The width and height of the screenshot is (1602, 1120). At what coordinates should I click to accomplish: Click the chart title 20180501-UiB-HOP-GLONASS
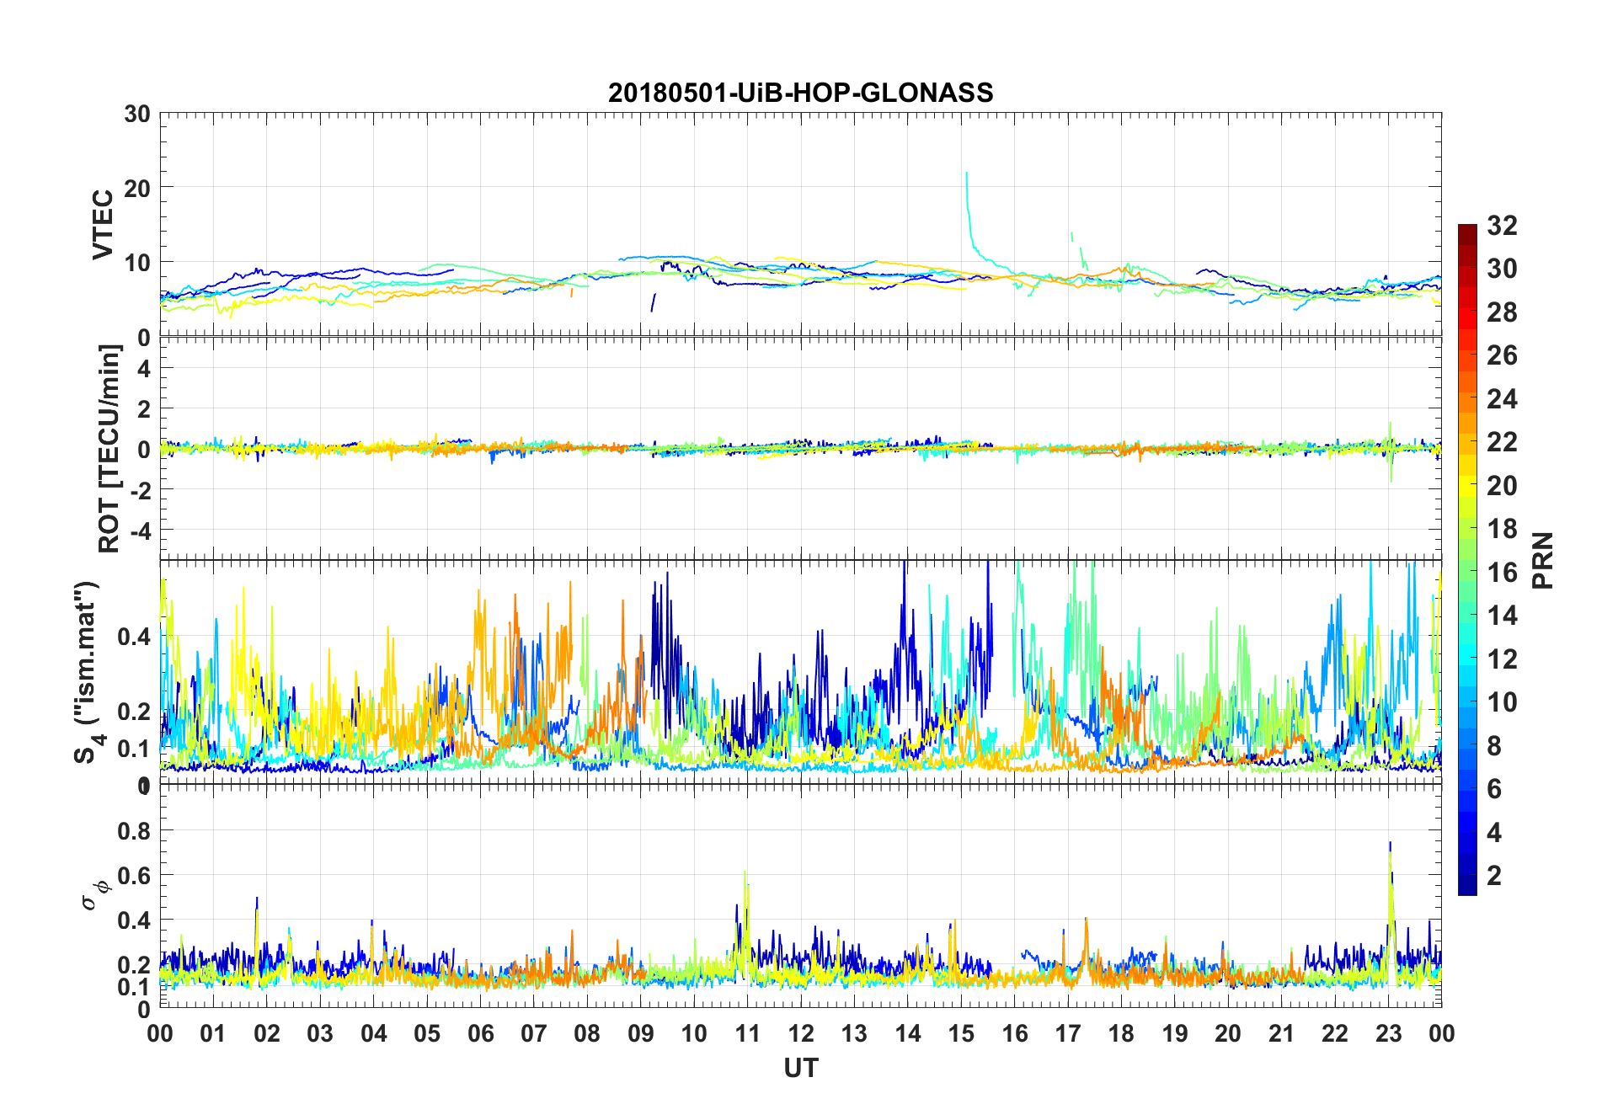(x=800, y=93)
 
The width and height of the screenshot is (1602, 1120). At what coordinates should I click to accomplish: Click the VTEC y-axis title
(x=103, y=225)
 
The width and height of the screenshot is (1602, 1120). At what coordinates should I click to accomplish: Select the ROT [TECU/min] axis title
(x=109, y=449)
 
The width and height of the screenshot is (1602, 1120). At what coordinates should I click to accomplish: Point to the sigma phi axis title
(x=93, y=894)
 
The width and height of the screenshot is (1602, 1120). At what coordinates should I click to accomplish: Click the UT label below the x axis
(x=800, y=1069)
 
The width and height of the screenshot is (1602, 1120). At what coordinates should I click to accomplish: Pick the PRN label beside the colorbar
(x=1543, y=560)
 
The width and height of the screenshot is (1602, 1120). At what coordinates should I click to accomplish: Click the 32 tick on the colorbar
(x=1502, y=226)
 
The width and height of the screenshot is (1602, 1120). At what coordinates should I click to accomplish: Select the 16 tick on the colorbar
(x=1502, y=573)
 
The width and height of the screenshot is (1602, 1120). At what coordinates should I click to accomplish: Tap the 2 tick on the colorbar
(x=1494, y=876)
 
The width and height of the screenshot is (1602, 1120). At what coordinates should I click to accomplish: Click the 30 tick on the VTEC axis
(x=137, y=115)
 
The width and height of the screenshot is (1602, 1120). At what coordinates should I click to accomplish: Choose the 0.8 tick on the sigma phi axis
(x=134, y=830)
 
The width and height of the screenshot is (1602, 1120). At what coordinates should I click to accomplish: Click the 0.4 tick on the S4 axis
(x=134, y=637)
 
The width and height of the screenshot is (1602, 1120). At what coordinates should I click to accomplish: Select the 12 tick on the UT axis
(x=800, y=1033)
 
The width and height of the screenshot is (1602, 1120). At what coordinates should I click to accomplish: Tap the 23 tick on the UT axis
(x=1388, y=1033)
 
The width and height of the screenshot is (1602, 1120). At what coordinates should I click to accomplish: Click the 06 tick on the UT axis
(x=480, y=1033)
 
